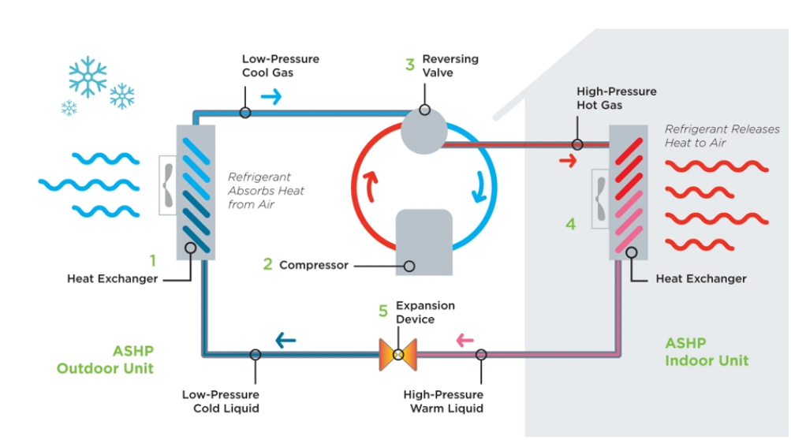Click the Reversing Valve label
(450, 65)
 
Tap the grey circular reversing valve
(423, 131)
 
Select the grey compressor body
(424, 241)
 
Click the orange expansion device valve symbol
(397, 355)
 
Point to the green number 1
(153, 259)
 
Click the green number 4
(570, 224)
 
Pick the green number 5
(383, 311)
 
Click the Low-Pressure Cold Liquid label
(221, 401)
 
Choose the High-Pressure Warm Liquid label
(443, 401)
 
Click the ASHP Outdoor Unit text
(105, 360)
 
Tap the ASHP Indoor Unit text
(707, 352)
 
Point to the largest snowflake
(88, 76)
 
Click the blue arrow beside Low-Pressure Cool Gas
(271, 97)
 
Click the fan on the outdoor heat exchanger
(168, 185)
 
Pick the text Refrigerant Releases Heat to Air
(722, 136)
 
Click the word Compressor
(313, 265)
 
